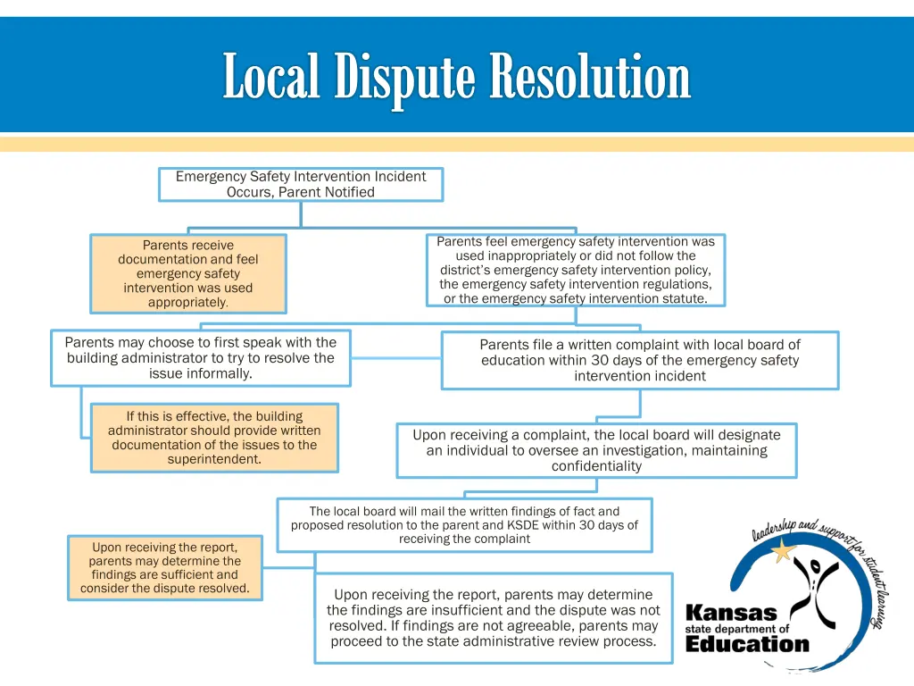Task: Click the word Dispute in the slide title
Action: coord(405,77)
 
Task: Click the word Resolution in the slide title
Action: coord(590,77)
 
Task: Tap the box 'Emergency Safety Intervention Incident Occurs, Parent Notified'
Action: coord(301,184)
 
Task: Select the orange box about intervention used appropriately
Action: coord(188,273)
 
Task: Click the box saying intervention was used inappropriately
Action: coord(576,270)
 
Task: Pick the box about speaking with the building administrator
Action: coord(201,357)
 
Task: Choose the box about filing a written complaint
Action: coord(640,360)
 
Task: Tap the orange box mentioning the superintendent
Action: coord(214,438)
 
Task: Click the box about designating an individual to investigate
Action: coord(596,450)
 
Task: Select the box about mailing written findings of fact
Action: coord(464,524)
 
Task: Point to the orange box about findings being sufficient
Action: coord(165,567)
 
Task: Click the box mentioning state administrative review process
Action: coord(494,618)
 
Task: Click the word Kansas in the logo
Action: coord(731,614)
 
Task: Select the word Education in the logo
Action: coord(747,644)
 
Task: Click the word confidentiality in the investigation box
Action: coord(596,466)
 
